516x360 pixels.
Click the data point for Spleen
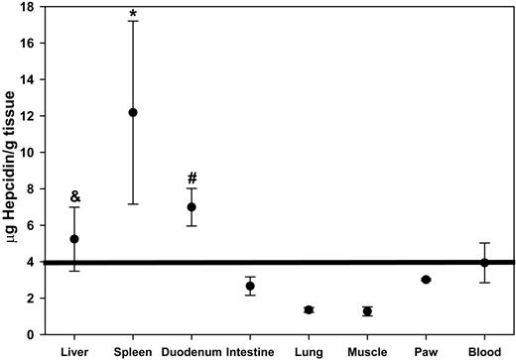pyautogui.click(x=133, y=112)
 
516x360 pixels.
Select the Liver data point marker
pyautogui.click(x=74, y=239)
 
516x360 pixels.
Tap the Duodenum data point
pyautogui.click(x=192, y=207)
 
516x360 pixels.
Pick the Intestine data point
pyautogui.click(x=250, y=286)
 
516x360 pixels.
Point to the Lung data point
pyautogui.click(x=309, y=309)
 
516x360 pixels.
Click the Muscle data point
pyautogui.click(x=367, y=311)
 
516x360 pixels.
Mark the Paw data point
pyautogui.click(x=426, y=280)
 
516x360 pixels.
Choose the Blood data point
pyautogui.click(x=484, y=262)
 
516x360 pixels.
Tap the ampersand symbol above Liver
pyautogui.click(x=74, y=196)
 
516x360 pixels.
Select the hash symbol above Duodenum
pyautogui.click(x=192, y=179)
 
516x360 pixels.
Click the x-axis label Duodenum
pyautogui.click(x=192, y=350)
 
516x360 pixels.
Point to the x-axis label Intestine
pyautogui.click(x=250, y=350)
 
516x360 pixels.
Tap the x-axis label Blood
pyautogui.click(x=484, y=350)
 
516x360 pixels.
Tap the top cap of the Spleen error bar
pyautogui.click(x=133, y=21)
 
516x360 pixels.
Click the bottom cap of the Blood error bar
pyautogui.click(x=484, y=283)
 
